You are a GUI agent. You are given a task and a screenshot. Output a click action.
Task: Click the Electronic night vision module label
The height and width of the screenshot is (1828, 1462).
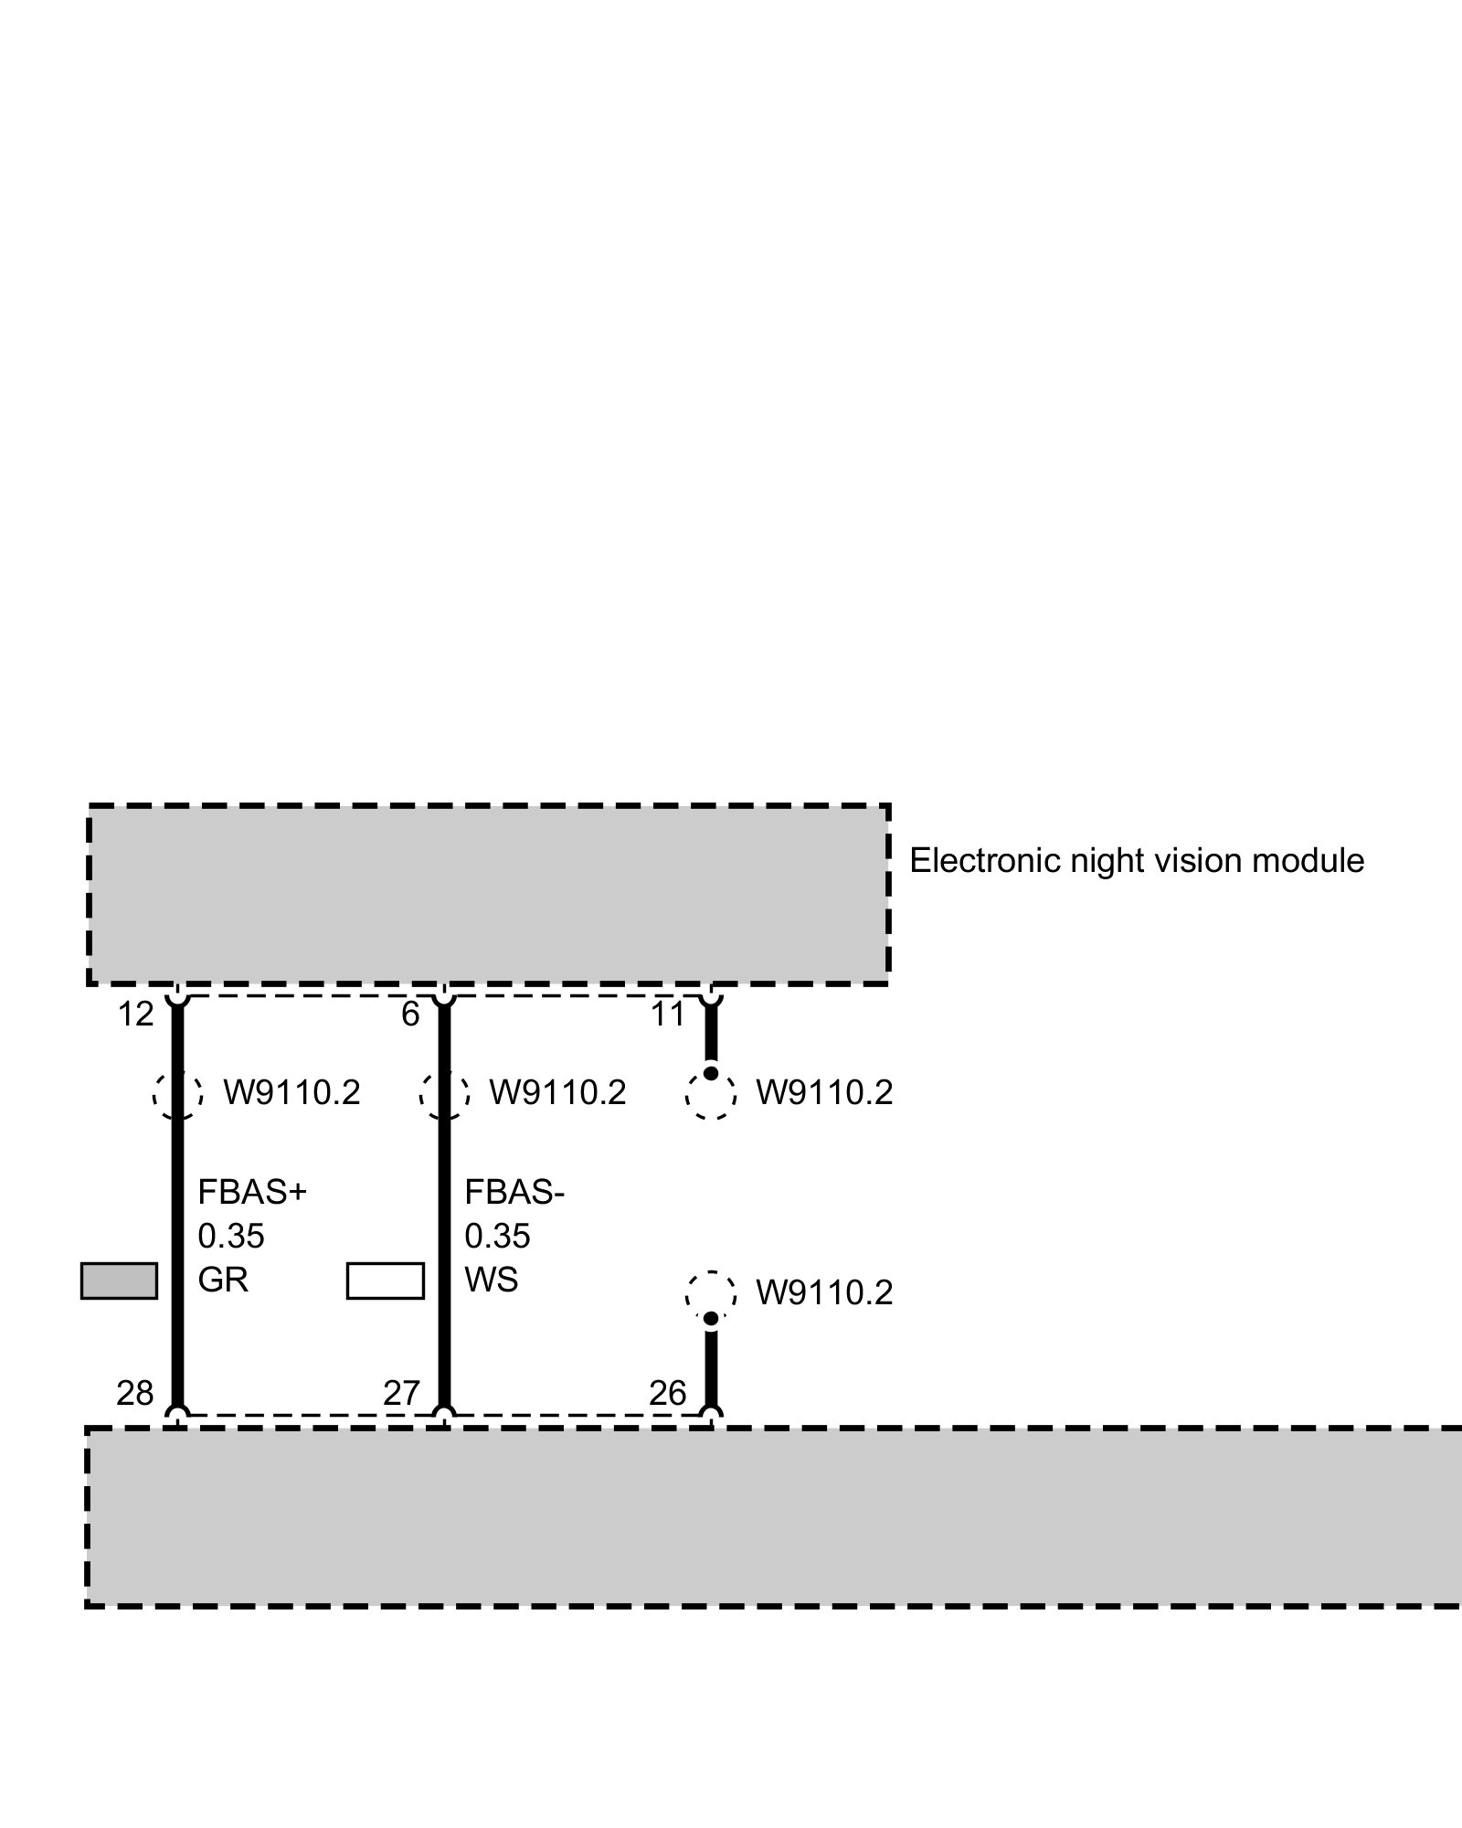pyautogui.click(x=1136, y=861)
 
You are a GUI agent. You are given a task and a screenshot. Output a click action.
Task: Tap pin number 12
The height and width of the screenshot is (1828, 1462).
pyautogui.click(x=135, y=1015)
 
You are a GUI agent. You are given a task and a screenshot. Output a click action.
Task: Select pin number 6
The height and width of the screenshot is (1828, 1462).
pyautogui.click(x=410, y=1015)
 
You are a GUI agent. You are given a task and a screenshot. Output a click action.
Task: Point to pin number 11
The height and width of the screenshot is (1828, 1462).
pyautogui.click(x=667, y=1015)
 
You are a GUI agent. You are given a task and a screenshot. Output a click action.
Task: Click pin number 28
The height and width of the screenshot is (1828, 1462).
pyautogui.click(x=135, y=1393)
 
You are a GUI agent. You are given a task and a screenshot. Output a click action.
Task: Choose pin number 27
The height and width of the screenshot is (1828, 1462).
pyautogui.click(x=401, y=1393)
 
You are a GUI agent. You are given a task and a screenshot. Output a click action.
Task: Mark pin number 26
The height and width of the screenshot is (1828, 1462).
pyautogui.click(x=667, y=1393)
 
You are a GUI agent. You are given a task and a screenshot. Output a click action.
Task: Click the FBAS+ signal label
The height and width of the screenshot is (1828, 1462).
pyautogui.click(x=252, y=1193)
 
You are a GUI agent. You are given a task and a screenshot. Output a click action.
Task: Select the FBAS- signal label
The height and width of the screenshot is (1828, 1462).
pyautogui.click(x=514, y=1193)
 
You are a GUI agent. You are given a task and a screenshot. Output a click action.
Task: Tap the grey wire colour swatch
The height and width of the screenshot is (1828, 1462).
pyautogui.click(x=119, y=1281)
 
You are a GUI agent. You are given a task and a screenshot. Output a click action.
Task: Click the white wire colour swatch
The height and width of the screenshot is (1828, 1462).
pyautogui.click(x=385, y=1281)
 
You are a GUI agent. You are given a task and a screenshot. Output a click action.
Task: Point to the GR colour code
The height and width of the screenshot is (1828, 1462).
pyautogui.click(x=223, y=1280)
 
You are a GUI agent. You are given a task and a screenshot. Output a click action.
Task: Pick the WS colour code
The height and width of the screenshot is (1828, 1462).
pyautogui.click(x=491, y=1280)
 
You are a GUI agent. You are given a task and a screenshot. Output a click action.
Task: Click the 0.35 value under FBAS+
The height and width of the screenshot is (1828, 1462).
pyautogui.click(x=231, y=1237)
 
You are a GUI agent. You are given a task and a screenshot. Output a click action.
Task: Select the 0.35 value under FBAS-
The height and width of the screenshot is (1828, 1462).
pyautogui.click(x=497, y=1237)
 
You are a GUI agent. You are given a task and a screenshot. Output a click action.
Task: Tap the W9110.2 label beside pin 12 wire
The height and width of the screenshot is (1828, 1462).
pyautogui.click(x=291, y=1093)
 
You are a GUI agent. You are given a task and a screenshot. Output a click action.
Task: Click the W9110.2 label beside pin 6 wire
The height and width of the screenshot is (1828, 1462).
pyautogui.click(x=557, y=1093)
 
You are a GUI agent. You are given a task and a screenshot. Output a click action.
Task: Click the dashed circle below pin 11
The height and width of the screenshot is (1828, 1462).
pyautogui.click(x=711, y=1095)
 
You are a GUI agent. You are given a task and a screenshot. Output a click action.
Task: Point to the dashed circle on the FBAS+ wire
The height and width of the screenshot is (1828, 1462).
pyautogui.click(x=178, y=1093)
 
